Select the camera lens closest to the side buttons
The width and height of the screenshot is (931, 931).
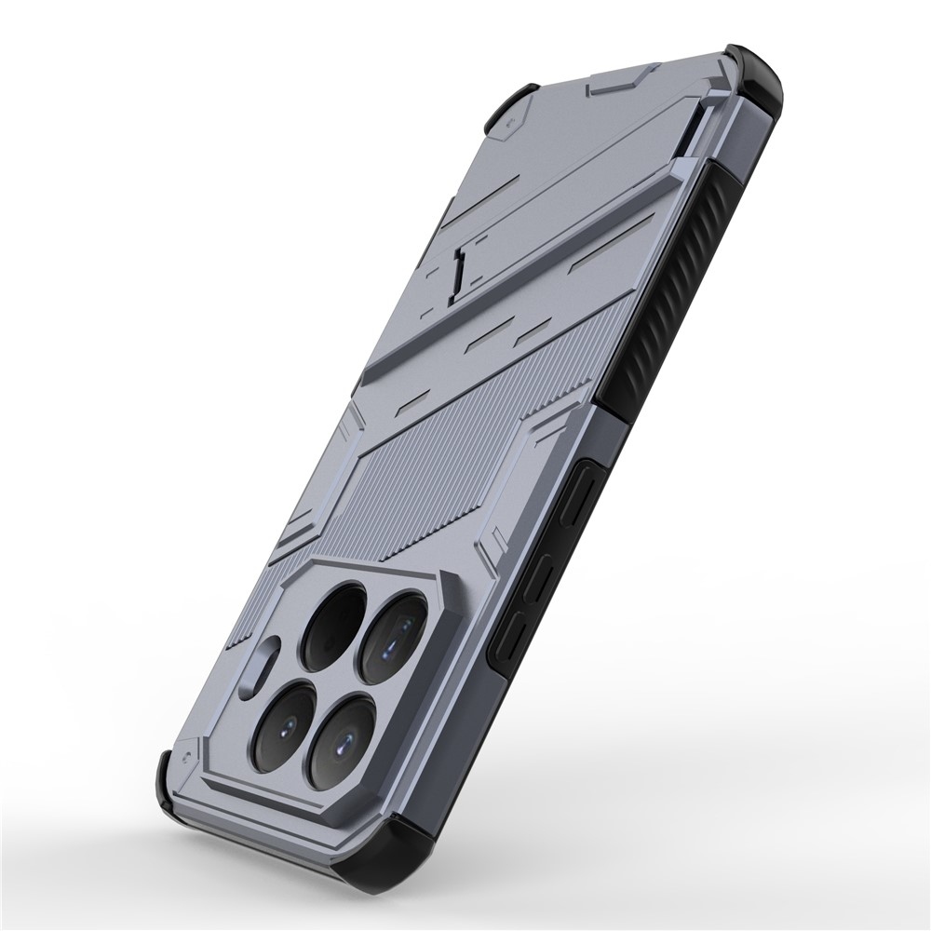(395, 636)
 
